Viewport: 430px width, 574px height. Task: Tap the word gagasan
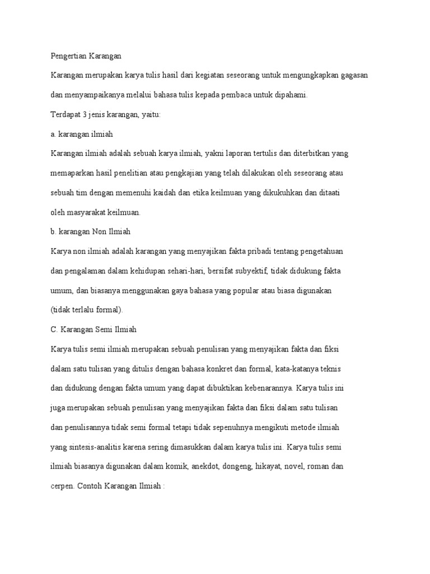click(x=352, y=75)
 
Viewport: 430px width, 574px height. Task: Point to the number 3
click(x=85, y=114)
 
